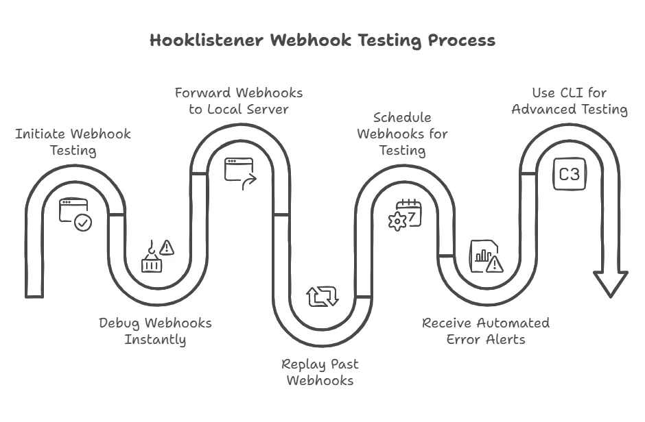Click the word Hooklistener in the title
[x=207, y=40]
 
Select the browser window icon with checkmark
[x=75, y=214]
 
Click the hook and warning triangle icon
[x=157, y=256]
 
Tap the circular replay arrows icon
[x=322, y=296]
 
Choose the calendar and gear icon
[x=406, y=214]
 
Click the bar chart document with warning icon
[x=486, y=256]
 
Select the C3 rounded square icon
[x=569, y=174]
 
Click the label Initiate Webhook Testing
[x=73, y=141]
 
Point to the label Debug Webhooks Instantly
[x=155, y=330]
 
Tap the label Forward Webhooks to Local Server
[x=238, y=100]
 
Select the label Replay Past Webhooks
[x=320, y=372]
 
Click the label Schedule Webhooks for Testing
[x=402, y=134]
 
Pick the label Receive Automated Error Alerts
[x=485, y=330]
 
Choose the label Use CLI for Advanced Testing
[x=569, y=101]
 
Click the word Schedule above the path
[x=402, y=117]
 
